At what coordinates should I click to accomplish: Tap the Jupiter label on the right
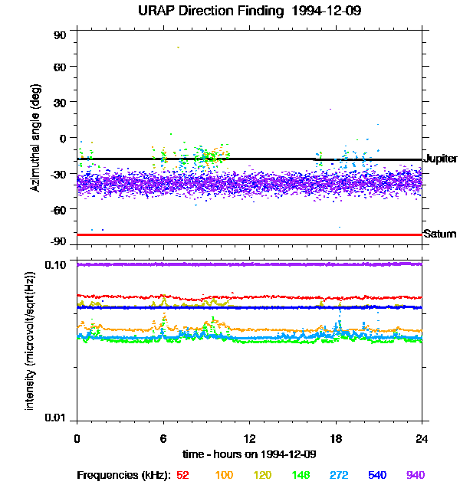[440, 159]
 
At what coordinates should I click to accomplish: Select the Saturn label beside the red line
[440, 234]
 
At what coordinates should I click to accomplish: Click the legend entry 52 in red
[182, 475]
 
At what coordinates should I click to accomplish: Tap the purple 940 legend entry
[415, 475]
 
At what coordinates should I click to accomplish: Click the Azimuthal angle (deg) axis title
[35, 138]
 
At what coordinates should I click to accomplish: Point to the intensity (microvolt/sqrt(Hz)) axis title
[31, 340]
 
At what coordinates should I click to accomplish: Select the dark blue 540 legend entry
[376, 475]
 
